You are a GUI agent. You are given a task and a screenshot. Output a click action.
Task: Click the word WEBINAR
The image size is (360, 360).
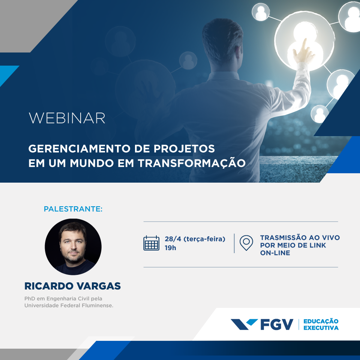[67, 118]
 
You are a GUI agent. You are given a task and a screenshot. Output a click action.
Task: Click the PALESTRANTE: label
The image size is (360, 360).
[73, 209]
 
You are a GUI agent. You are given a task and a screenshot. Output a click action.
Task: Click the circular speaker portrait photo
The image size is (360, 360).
[73, 247]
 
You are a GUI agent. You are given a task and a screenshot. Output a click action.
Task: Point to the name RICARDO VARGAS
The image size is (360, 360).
[73, 286]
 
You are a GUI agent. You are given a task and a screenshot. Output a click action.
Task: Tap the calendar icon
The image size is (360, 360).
[151, 243]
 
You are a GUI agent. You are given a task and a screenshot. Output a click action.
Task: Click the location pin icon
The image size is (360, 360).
[246, 243]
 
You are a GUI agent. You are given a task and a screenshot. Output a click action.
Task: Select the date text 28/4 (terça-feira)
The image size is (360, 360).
[195, 239]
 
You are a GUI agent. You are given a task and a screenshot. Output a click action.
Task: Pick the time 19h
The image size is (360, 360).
[170, 248]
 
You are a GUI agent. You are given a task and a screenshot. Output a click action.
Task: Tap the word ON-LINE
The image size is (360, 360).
[275, 253]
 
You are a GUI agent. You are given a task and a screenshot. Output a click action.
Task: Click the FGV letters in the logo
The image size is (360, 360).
[277, 324]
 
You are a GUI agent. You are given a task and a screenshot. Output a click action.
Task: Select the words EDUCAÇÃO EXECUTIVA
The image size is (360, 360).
[321, 324]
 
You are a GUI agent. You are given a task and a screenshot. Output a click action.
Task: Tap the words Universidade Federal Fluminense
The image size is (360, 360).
[69, 306]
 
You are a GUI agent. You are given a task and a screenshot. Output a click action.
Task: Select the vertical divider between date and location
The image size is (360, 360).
[234, 243]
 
